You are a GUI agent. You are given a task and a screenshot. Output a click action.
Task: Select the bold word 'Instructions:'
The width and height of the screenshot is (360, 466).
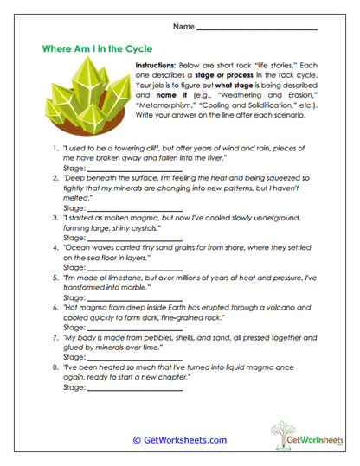(161, 66)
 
